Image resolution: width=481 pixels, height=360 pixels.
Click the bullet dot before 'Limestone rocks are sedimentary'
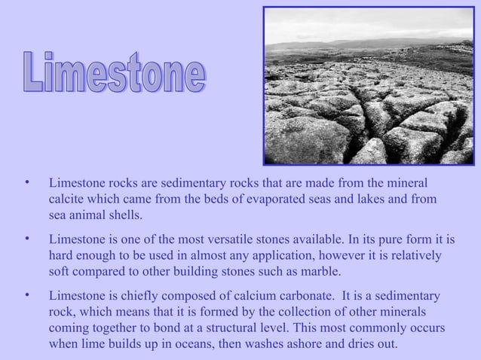(x=26, y=184)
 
